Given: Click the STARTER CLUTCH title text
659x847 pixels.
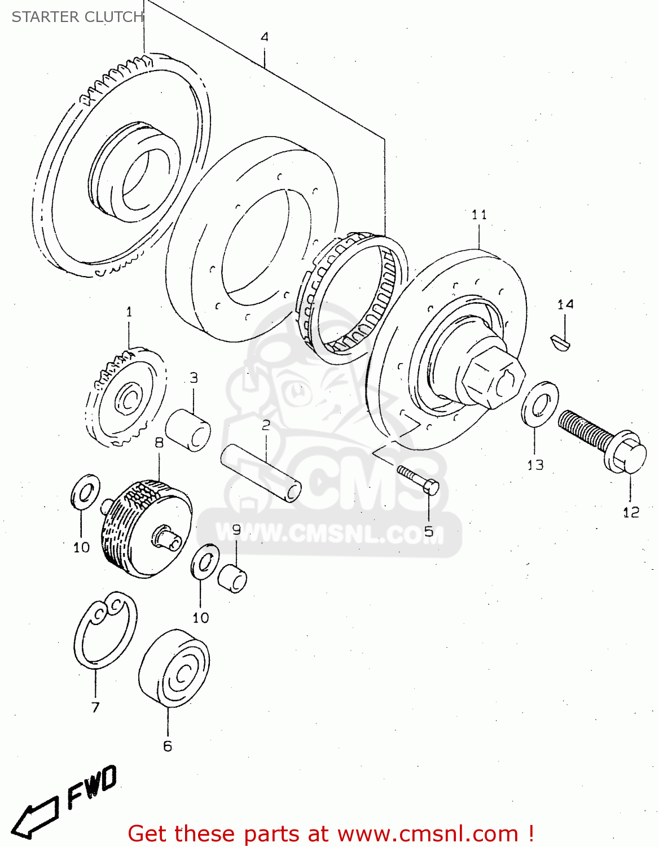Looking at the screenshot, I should [77, 17].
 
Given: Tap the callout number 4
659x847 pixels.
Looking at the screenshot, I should [265, 37].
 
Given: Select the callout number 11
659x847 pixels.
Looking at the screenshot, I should [479, 215].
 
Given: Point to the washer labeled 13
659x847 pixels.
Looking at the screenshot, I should [540, 403].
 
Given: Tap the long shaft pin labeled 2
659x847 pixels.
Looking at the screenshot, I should [261, 472].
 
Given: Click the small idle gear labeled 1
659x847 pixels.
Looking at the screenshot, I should [126, 398].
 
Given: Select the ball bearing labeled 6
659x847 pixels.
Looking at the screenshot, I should [174, 667].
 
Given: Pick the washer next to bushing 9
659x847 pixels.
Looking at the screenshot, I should [205, 562].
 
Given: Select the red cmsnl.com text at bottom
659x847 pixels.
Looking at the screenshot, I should [331, 833].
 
